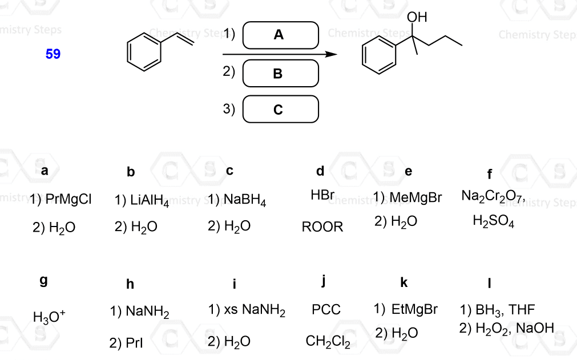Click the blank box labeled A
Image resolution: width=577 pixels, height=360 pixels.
[280, 35]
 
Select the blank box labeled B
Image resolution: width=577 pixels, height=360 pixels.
[280, 73]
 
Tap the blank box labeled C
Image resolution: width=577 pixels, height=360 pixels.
[280, 109]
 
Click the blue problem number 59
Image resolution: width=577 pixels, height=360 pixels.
[53, 54]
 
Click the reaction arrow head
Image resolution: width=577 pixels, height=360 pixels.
[330, 54]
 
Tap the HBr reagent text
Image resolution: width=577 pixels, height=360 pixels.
[322, 195]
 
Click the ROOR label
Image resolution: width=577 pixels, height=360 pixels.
[322, 227]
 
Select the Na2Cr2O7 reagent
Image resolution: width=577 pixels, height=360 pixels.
[493, 197]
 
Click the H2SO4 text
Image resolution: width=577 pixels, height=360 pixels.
[494, 222]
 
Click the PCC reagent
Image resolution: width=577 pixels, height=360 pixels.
[326, 310]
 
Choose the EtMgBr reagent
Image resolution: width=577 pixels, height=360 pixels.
[414, 309]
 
